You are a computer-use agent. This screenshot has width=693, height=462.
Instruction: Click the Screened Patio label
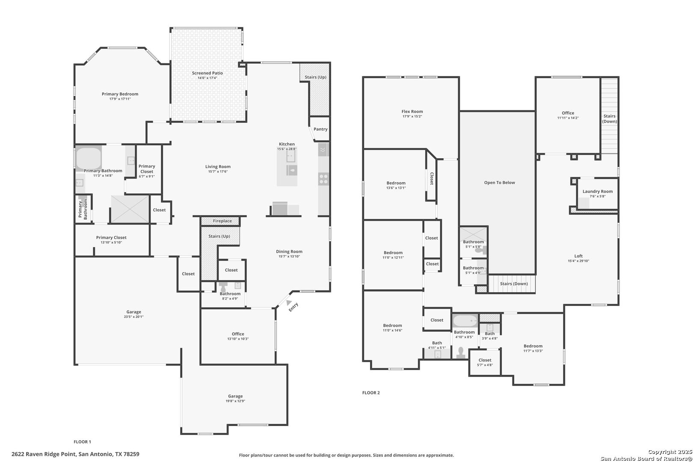(x=207, y=73)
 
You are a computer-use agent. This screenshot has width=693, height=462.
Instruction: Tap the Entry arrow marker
(x=289, y=302)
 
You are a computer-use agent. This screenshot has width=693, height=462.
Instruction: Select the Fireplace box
(x=220, y=221)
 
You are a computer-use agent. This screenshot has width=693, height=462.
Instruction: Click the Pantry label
(x=320, y=129)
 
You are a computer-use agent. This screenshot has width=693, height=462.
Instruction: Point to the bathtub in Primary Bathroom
(x=89, y=159)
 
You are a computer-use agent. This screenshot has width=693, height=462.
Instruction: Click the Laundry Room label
(x=597, y=192)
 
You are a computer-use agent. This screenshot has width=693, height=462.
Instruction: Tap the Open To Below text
(x=499, y=183)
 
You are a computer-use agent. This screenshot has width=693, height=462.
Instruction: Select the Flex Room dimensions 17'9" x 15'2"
(x=412, y=116)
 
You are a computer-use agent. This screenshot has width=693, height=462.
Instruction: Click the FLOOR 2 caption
(x=371, y=393)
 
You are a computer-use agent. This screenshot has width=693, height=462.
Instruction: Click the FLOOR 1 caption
(x=82, y=442)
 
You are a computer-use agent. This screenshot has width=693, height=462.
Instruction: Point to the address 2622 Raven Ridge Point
(x=75, y=454)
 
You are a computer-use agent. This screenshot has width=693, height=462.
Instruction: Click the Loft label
(x=578, y=256)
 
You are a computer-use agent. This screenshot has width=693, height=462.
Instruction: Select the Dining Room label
(x=289, y=252)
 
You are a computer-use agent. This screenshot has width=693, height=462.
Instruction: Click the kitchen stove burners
(x=323, y=179)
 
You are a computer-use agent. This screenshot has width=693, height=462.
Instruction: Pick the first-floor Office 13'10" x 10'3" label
(x=238, y=334)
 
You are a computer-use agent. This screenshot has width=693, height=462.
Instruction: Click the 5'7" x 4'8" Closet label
(x=485, y=360)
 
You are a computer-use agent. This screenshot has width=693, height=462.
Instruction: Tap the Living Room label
(x=218, y=167)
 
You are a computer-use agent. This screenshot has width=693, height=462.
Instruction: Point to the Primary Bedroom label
(x=120, y=94)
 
